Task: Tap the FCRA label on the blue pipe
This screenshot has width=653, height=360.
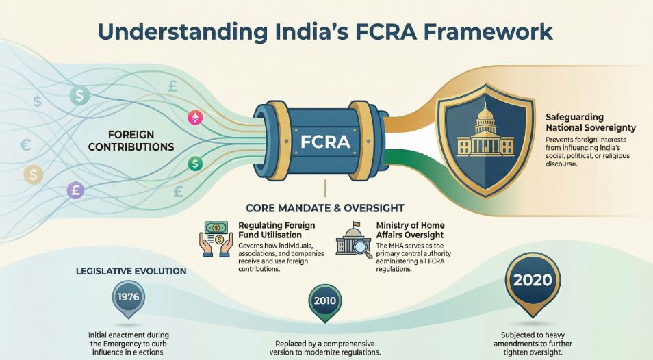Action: [x=325, y=142]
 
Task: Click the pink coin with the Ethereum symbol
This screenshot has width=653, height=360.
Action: [x=195, y=117]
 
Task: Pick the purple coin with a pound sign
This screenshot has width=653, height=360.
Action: [x=75, y=191]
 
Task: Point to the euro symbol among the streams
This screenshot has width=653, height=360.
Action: [x=27, y=144]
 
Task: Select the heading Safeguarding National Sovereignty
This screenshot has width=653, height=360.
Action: [x=591, y=122]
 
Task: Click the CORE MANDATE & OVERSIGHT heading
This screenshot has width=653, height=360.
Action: [x=324, y=207]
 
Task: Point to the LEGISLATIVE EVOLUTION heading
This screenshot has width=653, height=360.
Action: [x=131, y=271]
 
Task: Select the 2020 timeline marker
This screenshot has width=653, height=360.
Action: [x=533, y=281]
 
